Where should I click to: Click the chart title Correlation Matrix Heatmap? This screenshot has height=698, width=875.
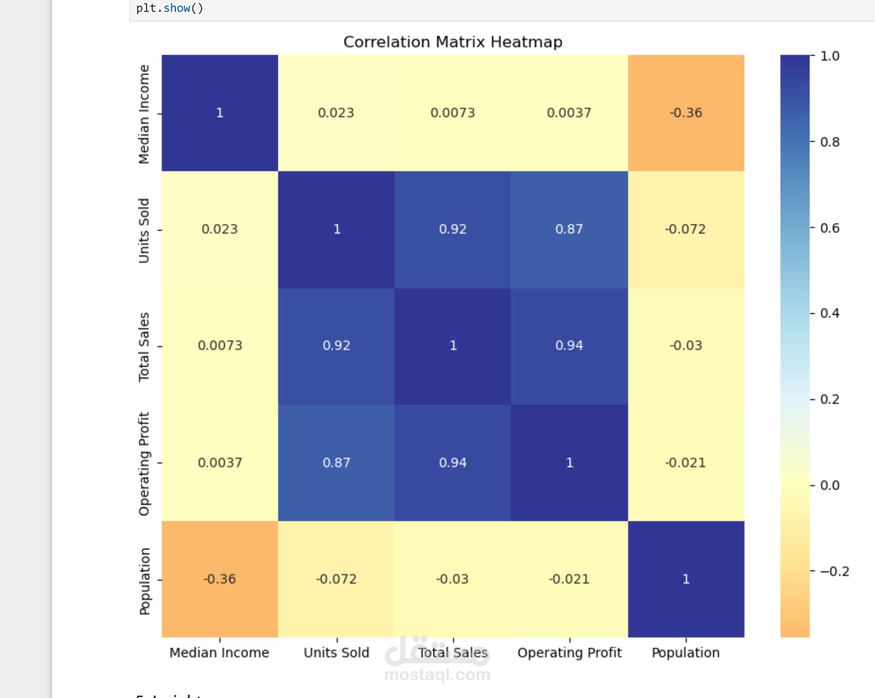pos(453,42)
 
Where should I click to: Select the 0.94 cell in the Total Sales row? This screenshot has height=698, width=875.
pos(569,346)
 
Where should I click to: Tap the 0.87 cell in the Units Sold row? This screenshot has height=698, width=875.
pos(569,229)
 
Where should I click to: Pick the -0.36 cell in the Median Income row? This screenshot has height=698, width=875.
pos(686,113)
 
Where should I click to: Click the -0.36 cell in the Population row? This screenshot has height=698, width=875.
pos(219,579)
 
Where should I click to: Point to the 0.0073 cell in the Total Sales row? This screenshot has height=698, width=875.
pos(219,346)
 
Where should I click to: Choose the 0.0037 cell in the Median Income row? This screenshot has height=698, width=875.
pos(569,113)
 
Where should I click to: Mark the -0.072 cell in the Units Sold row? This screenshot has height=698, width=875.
pos(686,229)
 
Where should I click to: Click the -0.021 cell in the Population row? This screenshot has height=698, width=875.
pos(569,579)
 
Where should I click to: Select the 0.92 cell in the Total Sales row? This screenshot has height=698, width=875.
pos(336,346)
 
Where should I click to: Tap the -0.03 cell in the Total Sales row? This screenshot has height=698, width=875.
pos(686,346)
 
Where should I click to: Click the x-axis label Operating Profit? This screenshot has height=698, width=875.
pos(569,653)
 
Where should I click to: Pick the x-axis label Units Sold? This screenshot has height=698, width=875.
pos(336,653)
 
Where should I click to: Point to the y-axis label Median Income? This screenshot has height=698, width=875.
pos(144,114)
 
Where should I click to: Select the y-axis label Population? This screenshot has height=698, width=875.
pos(144,581)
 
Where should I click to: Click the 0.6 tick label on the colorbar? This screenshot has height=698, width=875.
pos(830,228)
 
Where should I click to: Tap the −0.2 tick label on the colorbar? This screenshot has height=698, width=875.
pos(834,572)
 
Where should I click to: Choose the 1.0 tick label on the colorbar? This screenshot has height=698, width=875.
pos(830,56)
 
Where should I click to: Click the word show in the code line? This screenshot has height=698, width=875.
pos(177,8)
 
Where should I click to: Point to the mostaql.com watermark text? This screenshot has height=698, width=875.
pos(437,675)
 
